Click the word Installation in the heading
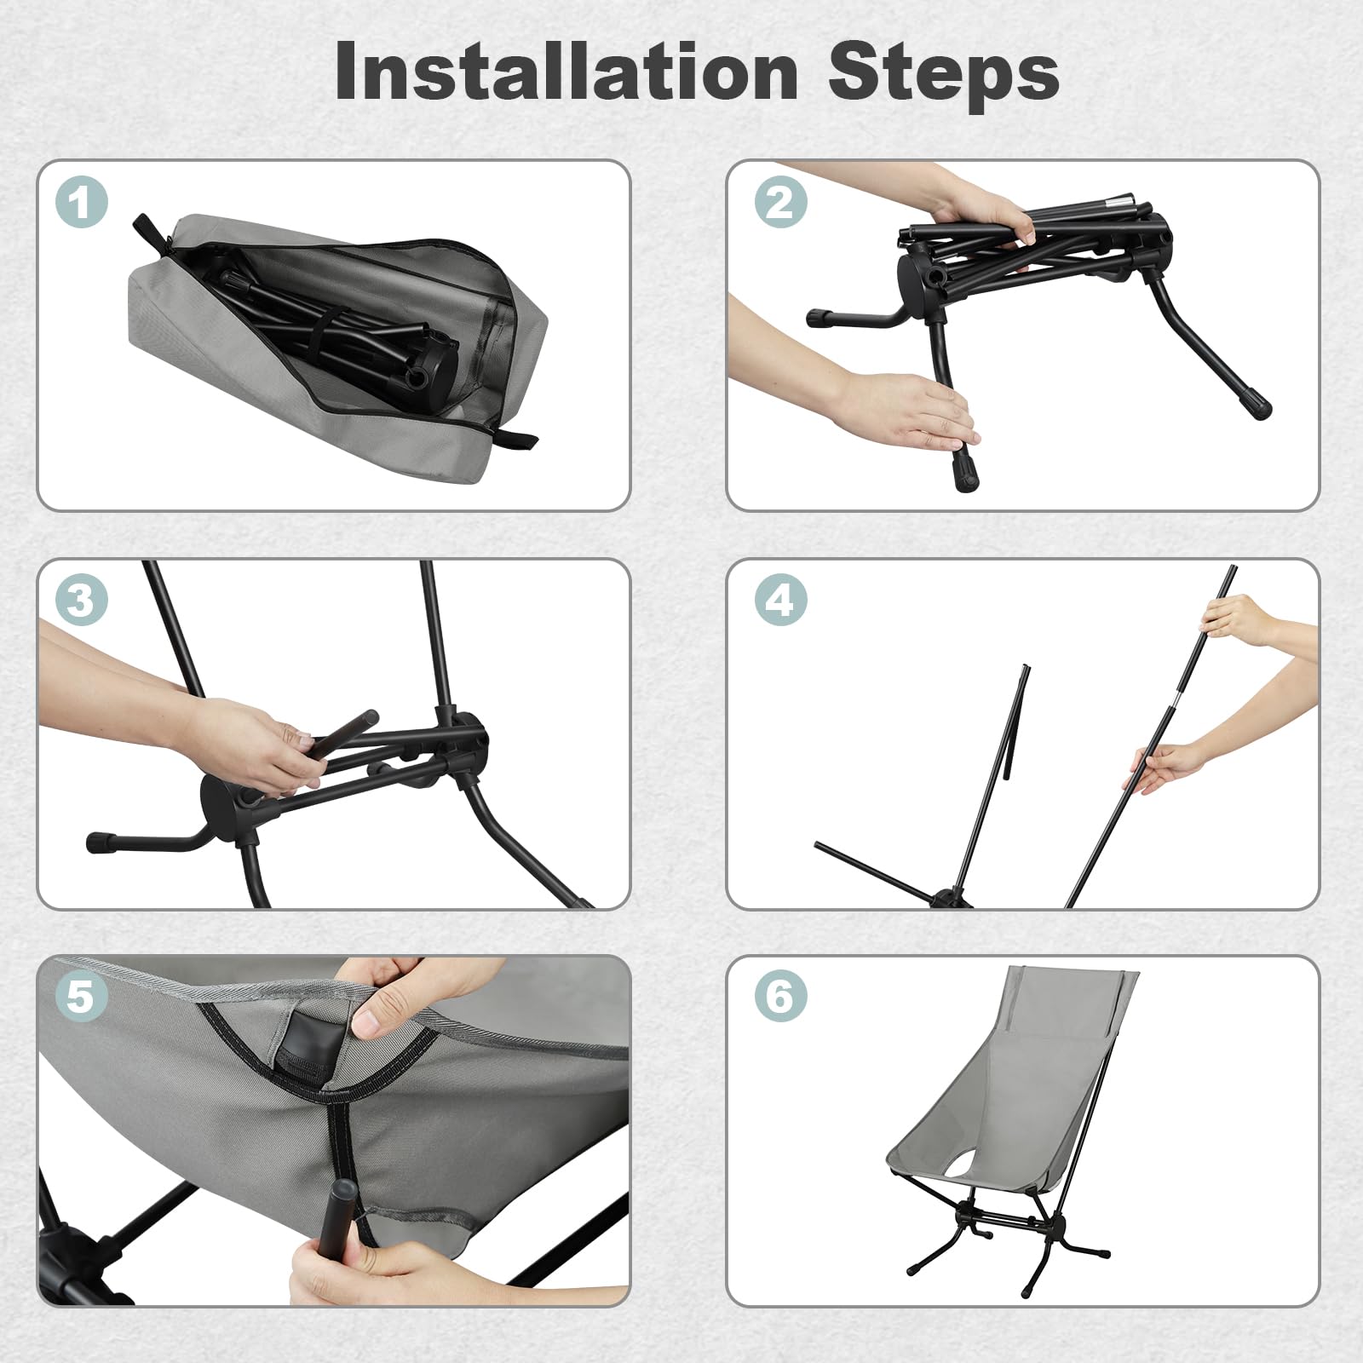click(x=566, y=72)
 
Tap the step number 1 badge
click(x=82, y=202)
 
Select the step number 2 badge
click(x=780, y=202)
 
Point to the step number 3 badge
click(x=82, y=601)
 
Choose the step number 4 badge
click(x=780, y=601)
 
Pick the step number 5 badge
click(x=82, y=996)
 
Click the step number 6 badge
click(x=780, y=996)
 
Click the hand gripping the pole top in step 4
click(x=1244, y=618)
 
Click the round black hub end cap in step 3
click(x=220, y=798)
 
